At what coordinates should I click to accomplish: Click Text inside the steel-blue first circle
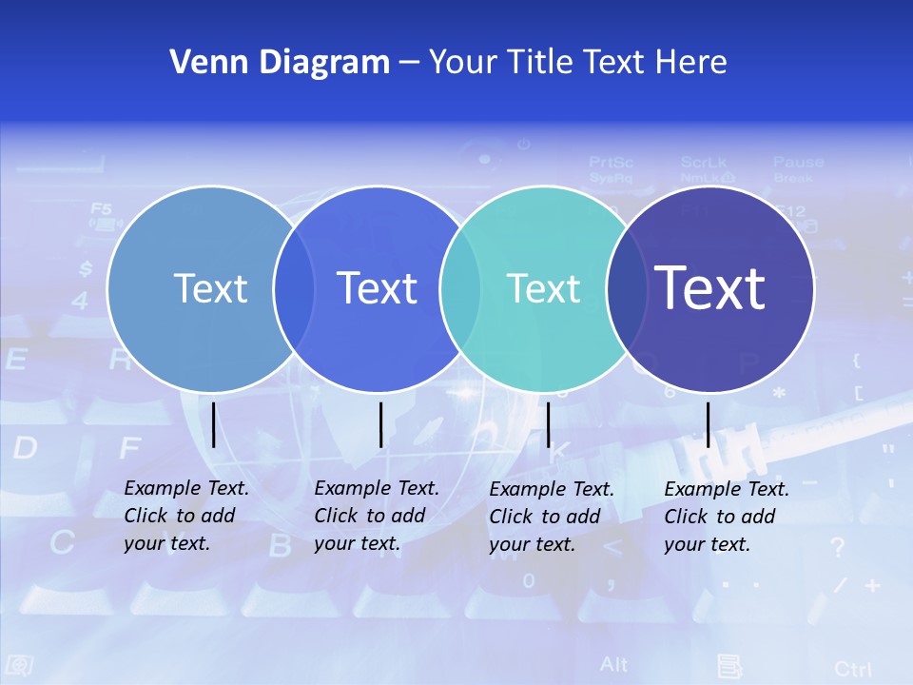click(210, 288)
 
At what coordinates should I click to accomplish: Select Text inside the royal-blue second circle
click(377, 288)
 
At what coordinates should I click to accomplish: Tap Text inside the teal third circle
click(543, 288)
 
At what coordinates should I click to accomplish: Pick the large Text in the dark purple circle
click(710, 287)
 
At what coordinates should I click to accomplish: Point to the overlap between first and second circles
click(294, 288)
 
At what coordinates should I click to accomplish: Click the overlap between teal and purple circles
click(627, 288)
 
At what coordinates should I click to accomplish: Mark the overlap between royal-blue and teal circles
click(460, 288)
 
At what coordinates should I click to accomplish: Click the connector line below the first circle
click(213, 424)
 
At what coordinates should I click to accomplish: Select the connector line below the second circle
click(380, 424)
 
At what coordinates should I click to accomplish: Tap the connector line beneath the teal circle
click(548, 424)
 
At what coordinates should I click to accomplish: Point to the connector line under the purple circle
click(708, 424)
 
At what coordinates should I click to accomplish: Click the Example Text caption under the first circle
click(185, 516)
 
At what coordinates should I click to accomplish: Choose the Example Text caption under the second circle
click(376, 516)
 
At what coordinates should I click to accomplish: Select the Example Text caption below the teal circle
click(551, 517)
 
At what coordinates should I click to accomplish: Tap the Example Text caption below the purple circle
click(726, 517)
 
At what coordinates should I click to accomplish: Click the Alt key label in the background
click(614, 664)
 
